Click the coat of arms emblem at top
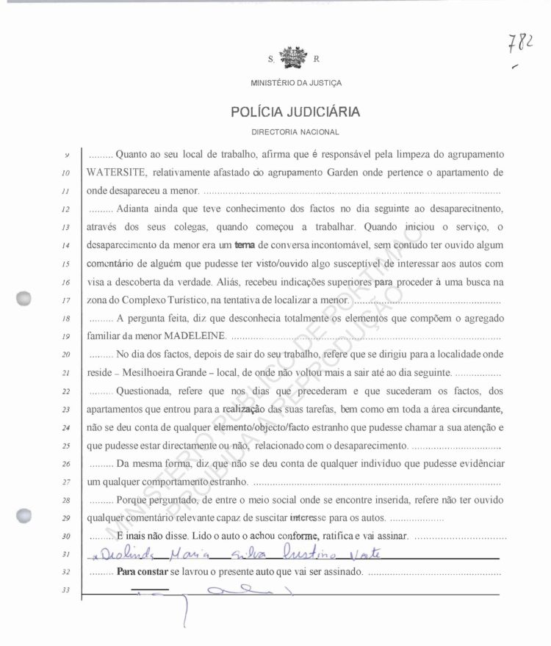point(295,57)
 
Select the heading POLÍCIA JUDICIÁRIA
point(295,112)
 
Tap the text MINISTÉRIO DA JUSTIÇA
point(295,84)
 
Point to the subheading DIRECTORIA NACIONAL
point(295,132)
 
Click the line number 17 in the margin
point(65,300)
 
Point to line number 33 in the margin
point(65,590)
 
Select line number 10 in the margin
point(65,174)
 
